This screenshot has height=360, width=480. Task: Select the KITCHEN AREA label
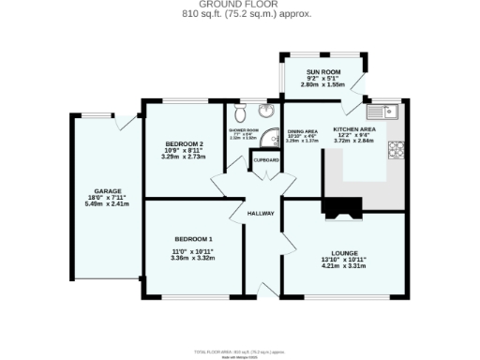[354, 128]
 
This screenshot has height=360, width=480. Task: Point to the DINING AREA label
[302, 131]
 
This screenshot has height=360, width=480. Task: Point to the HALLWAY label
[260, 214]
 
